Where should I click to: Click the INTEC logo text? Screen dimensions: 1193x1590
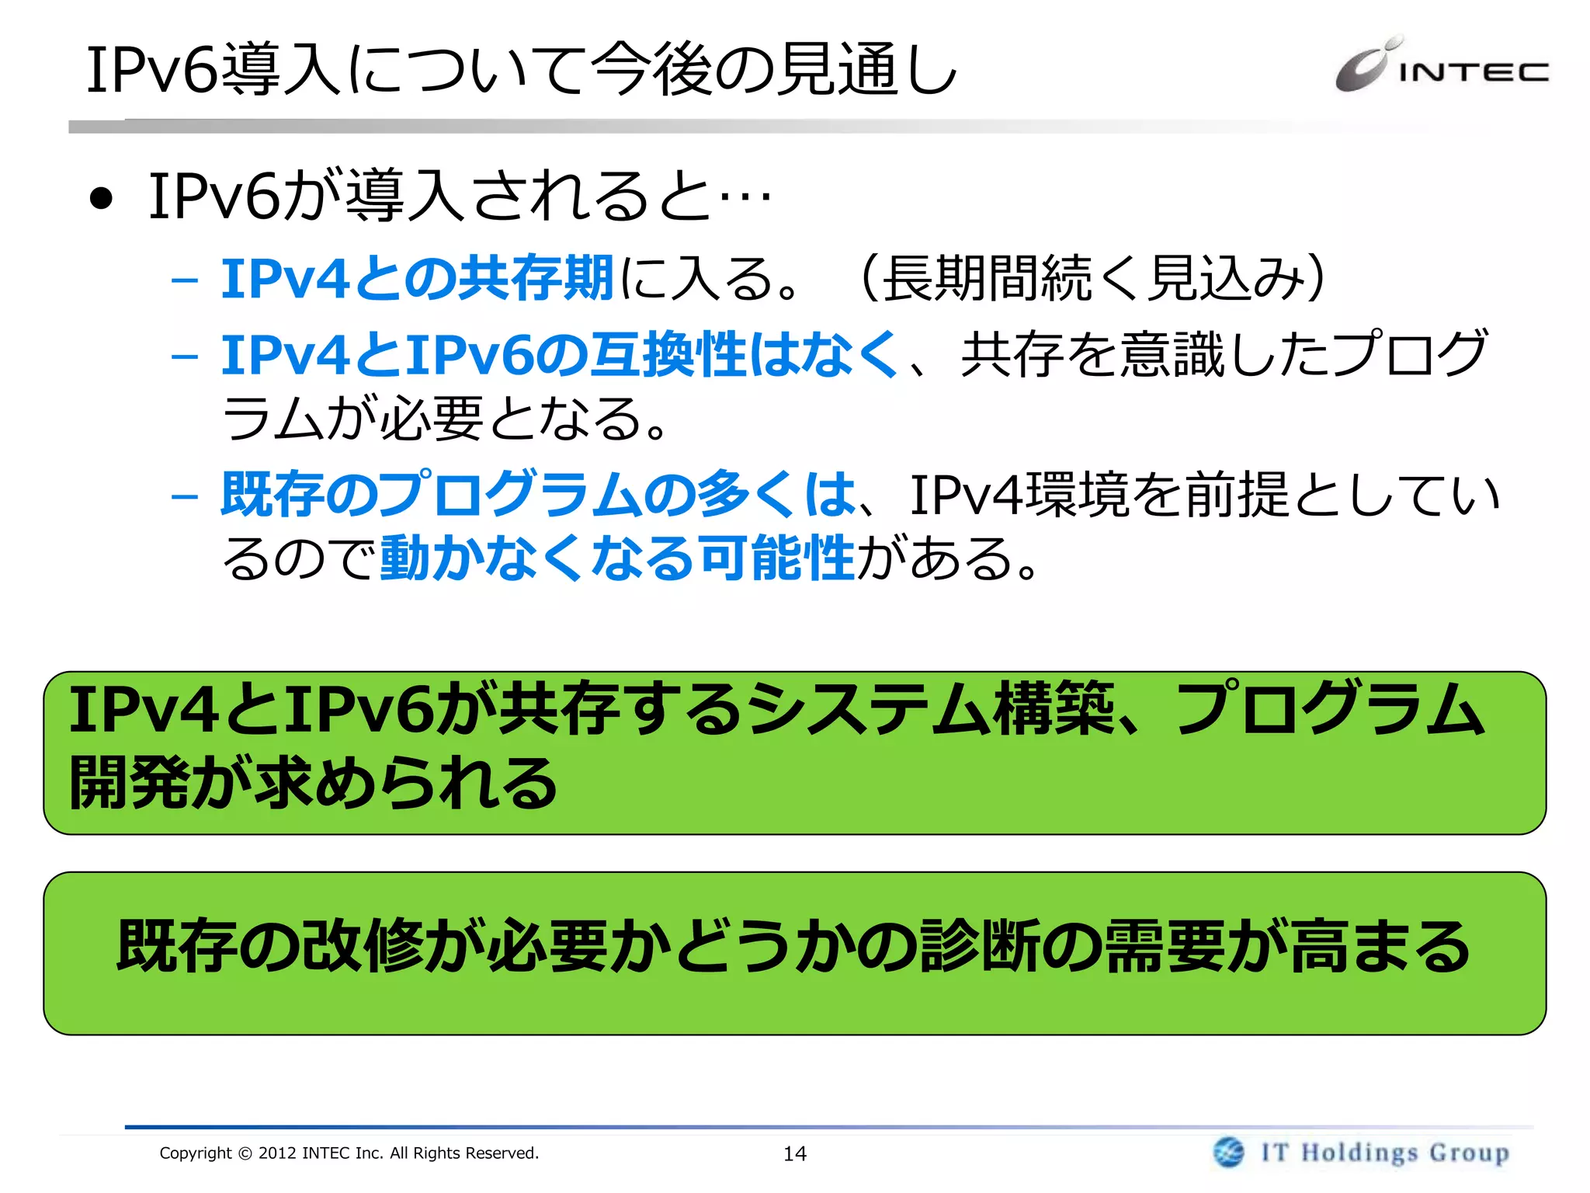click(1473, 72)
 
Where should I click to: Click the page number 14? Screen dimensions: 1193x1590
click(794, 1154)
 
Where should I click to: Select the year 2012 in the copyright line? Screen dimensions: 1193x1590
click(277, 1153)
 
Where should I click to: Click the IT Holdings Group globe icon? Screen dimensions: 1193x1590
click(1228, 1152)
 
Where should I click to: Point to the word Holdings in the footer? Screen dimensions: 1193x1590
click(1359, 1153)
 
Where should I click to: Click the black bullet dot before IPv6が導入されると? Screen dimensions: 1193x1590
click(101, 199)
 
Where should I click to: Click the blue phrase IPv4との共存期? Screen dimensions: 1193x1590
click(418, 278)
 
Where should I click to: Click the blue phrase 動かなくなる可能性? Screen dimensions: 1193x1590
click(617, 558)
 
